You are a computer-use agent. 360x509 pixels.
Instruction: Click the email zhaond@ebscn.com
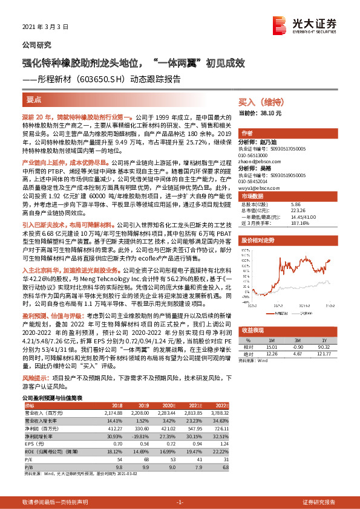point(260,161)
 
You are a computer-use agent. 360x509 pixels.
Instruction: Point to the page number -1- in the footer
point(179,502)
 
